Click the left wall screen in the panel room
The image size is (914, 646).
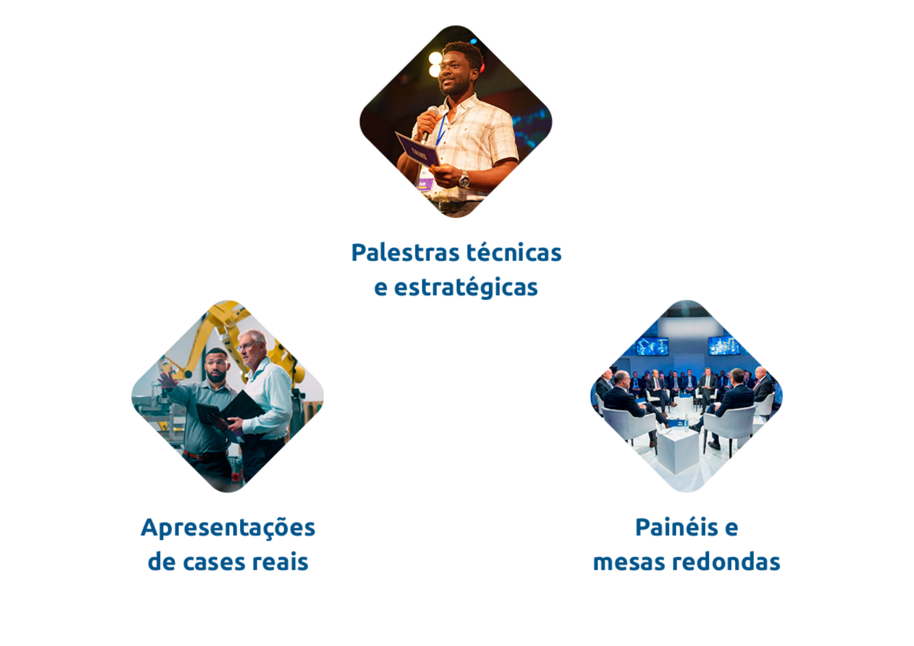click(652, 346)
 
